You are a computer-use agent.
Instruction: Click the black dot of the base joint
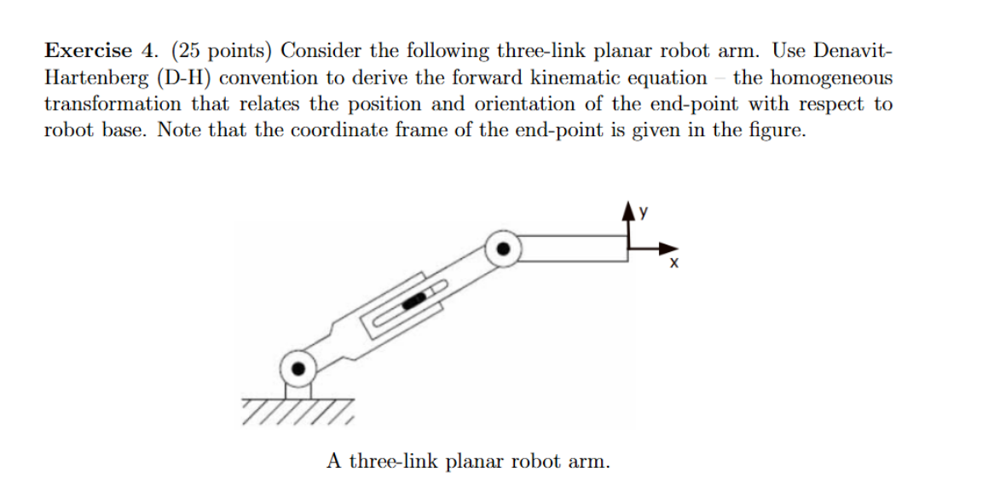(298, 370)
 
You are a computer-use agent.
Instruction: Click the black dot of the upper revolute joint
(503, 250)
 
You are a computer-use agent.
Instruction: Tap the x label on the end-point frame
(673, 265)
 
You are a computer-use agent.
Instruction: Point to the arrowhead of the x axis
(666, 249)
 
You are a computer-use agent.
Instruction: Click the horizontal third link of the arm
(571, 250)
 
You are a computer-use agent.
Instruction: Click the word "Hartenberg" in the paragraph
(95, 78)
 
